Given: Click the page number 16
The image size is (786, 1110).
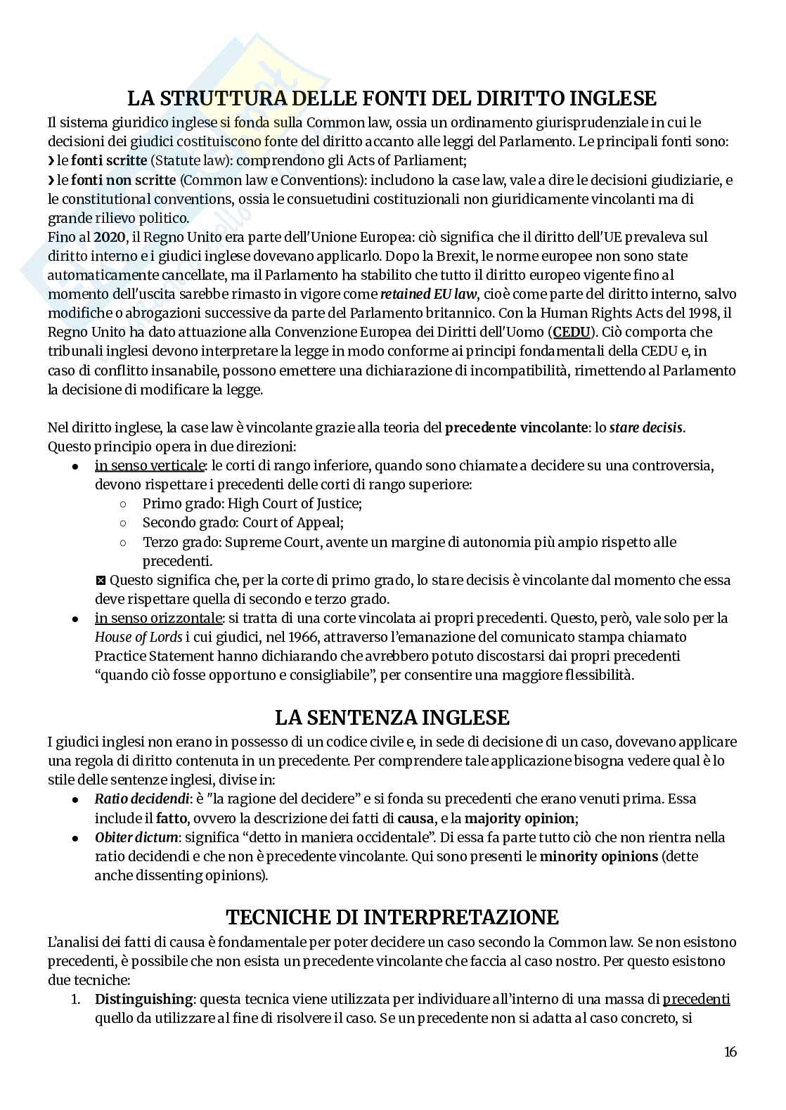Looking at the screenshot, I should [x=730, y=1052].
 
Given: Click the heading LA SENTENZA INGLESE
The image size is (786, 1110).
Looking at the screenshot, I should [x=392, y=718].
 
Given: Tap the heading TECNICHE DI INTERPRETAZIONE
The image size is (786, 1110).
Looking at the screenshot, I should [x=392, y=917].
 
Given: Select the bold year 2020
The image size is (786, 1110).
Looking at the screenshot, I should [x=108, y=237].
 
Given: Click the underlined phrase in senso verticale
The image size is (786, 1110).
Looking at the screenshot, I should [x=150, y=465].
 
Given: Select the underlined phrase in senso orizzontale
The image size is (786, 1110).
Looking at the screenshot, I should [x=157, y=618].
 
